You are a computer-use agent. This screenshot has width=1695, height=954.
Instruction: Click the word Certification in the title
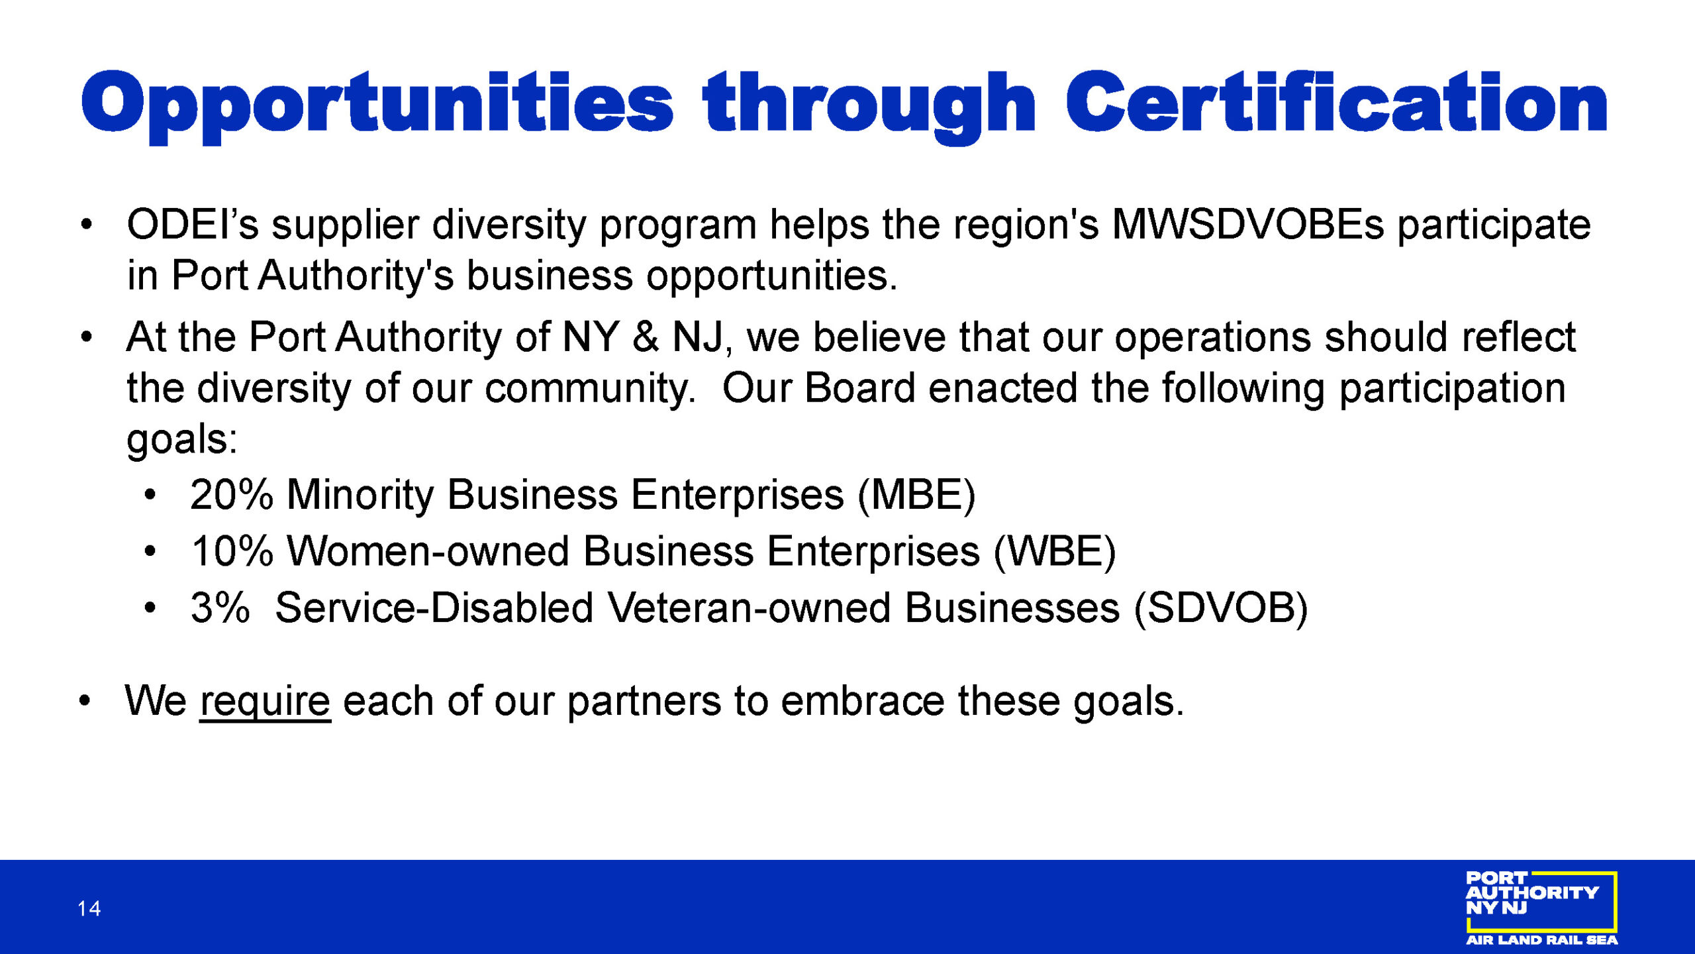click(1336, 102)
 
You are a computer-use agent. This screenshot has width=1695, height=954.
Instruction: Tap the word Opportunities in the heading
click(377, 106)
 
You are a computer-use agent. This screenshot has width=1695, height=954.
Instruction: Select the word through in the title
click(869, 106)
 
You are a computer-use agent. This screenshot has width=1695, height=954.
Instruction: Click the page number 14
click(89, 908)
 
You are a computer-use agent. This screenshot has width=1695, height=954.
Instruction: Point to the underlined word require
click(265, 702)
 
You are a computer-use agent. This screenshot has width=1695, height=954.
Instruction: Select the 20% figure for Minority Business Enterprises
click(231, 494)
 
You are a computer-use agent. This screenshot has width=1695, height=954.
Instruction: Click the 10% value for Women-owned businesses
click(232, 551)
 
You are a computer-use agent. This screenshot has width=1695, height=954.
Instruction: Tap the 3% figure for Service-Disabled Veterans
click(220, 608)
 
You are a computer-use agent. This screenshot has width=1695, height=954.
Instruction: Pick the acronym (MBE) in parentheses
click(916, 496)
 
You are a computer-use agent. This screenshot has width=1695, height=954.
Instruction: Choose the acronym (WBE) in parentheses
click(1055, 552)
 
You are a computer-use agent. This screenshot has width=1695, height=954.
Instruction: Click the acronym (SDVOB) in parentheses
click(1221, 609)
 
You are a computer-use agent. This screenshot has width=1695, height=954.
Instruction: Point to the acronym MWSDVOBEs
click(1247, 225)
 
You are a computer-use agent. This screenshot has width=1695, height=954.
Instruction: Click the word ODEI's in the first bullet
click(193, 225)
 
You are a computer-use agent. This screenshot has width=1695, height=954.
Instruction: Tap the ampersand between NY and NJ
click(646, 337)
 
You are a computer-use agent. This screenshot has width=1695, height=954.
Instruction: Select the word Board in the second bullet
click(859, 388)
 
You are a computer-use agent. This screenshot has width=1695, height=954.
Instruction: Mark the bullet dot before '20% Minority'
click(150, 495)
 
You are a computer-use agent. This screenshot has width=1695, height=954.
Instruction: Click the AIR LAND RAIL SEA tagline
click(1541, 940)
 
